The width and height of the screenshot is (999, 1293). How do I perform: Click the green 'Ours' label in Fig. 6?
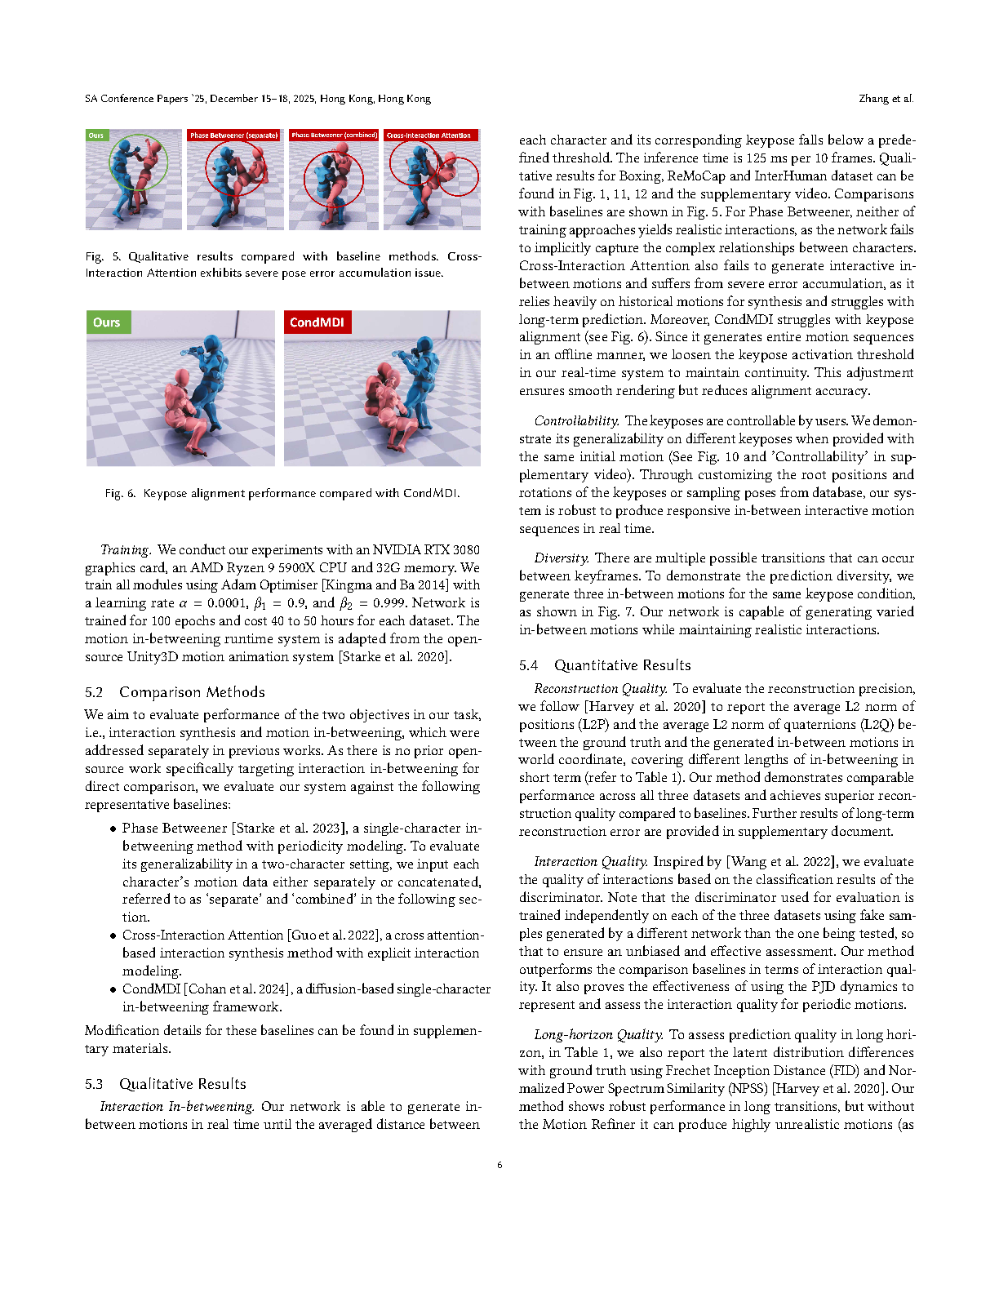(x=107, y=322)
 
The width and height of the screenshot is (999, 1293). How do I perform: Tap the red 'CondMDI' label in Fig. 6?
(x=317, y=322)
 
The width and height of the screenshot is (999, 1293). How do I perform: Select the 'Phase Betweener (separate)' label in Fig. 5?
(x=234, y=136)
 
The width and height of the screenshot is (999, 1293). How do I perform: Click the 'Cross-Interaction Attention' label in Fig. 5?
(x=429, y=136)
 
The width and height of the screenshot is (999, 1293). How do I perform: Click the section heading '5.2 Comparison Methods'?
(x=175, y=692)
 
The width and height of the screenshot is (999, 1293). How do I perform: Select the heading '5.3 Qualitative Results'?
(x=165, y=1084)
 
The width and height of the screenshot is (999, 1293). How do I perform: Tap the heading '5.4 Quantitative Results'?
(x=605, y=665)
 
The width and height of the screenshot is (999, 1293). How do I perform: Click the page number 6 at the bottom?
(x=499, y=1165)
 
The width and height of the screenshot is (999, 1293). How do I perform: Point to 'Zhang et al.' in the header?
(x=886, y=99)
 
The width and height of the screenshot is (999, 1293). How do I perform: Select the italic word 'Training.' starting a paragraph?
(x=126, y=549)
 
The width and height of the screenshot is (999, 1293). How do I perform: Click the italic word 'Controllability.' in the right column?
(x=576, y=420)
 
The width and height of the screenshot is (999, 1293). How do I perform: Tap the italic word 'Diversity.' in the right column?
(x=562, y=558)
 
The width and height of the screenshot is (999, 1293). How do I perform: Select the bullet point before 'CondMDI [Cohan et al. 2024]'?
(x=113, y=989)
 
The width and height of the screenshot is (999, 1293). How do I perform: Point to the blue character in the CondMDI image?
(x=416, y=384)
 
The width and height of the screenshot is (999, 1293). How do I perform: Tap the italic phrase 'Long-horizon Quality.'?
(x=598, y=1034)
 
